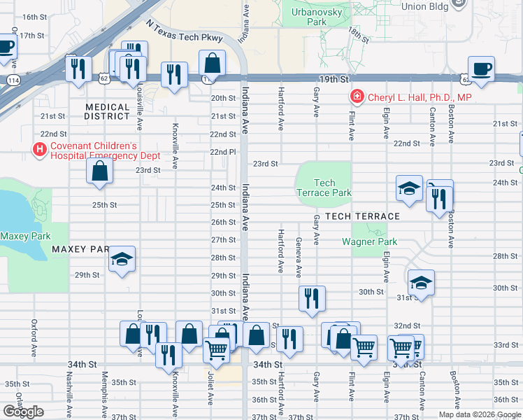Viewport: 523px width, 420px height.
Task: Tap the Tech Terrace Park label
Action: coord(324,188)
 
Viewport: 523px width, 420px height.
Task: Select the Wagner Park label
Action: coord(369,241)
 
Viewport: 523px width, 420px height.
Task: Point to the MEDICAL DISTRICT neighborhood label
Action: coord(108,112)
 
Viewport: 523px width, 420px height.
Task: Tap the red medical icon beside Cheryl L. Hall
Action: coord(357,97)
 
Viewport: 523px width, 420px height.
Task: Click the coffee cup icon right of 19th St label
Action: coord(481,69)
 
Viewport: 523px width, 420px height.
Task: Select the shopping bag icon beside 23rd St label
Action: coord(100,170)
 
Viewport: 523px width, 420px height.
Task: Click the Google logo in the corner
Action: coord(23,412)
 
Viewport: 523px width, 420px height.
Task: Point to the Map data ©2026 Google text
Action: coord(479,414)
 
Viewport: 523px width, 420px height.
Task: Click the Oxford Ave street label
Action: coord(34,337)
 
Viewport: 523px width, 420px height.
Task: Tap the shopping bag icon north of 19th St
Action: coord(212,64)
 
